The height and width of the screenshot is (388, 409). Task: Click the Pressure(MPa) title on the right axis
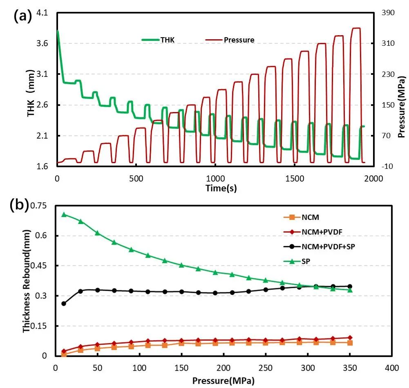402,106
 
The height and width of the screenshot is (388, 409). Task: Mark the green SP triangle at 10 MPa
64,214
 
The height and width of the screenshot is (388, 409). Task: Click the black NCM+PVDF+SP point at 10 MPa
64,303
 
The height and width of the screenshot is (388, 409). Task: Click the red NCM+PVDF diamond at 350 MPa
350,338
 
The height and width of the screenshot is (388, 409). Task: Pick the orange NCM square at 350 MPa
350,343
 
